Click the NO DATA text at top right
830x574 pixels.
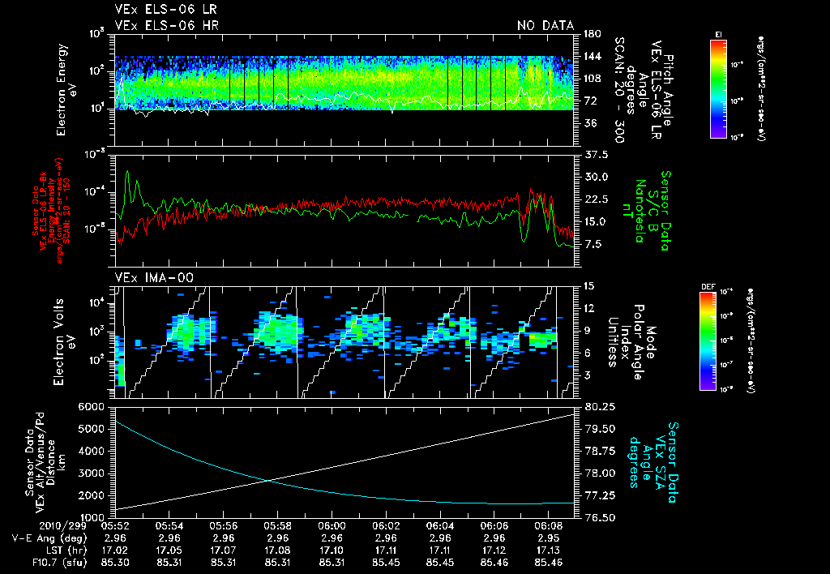545,25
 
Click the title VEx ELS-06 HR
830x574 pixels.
166,25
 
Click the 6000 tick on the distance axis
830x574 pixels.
92,406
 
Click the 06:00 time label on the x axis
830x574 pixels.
333,525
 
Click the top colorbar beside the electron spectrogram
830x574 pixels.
717,88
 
